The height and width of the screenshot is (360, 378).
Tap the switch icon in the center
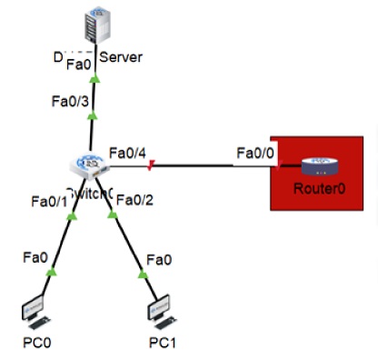tap(90, 165)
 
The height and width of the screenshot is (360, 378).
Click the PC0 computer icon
tap(36, 311)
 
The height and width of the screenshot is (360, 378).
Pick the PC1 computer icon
tap(159, 309)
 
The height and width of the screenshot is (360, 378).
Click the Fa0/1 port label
tap(49, 201)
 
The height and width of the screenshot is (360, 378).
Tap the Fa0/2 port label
tap(136, 200)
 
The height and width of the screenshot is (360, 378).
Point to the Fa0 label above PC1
tap(159, 259)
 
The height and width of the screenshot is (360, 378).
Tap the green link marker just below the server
tap(94, 80)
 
